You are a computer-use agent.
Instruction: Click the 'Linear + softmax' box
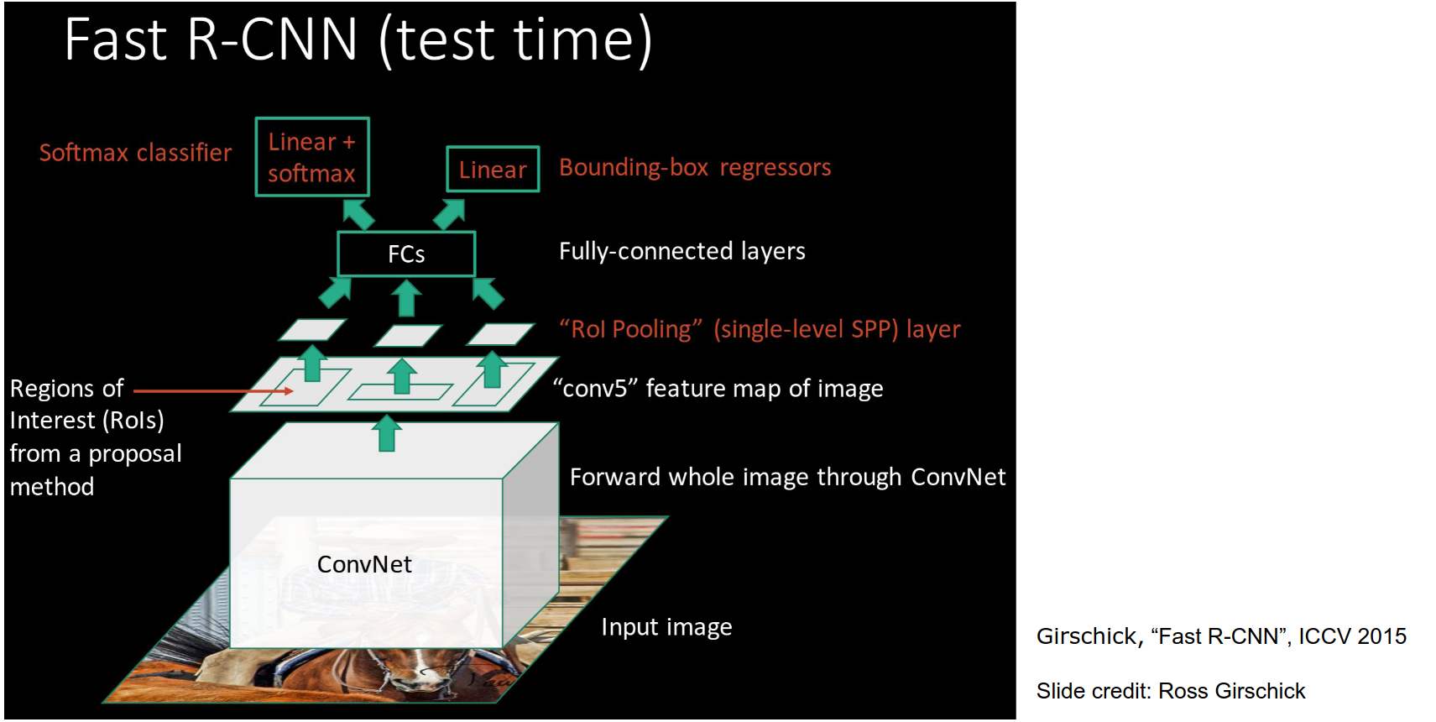click(x=312, y=157)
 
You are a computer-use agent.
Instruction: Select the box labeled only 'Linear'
click(x=493, y=170)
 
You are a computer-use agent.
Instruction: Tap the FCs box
click(x=406, y=254)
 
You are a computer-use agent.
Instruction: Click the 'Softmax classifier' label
click(x=135, y=153)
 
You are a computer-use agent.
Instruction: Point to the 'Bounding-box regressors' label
click(x=695, y=168)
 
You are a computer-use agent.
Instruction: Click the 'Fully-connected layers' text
click(x=681, y=251)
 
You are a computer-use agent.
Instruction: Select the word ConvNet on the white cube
click(x=364, y=564)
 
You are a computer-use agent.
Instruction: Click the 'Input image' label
click(x=666, y=627)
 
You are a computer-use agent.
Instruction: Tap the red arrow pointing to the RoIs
click(x=213, y=391)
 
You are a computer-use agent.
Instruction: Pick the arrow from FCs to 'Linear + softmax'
click(x=358, y=213)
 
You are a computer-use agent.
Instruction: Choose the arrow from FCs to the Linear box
click(x=449, y=213)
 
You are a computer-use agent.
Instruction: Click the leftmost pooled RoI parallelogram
click(x=312, y=329)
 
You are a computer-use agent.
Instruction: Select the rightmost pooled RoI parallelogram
click(x=500, y=333)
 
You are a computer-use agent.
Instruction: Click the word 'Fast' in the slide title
click(x=116, y=39)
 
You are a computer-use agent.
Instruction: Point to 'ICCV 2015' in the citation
click(x=1352, y=636)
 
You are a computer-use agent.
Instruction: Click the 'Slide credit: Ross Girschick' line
click(x=1170, y=691)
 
